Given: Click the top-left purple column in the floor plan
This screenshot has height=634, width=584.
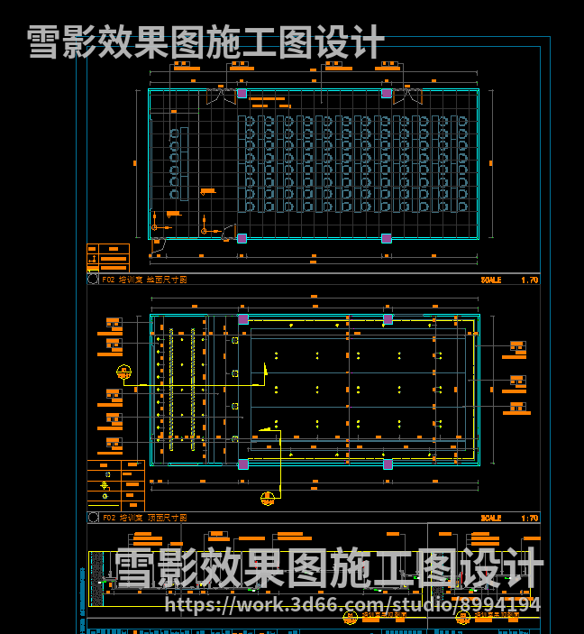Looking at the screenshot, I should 242,93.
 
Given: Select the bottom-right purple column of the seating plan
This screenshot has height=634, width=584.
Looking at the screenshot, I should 387,238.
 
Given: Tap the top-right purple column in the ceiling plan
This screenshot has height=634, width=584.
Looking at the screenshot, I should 388,319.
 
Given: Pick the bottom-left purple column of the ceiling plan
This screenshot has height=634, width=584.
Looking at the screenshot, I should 242,464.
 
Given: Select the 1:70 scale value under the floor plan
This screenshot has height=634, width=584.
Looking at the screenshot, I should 529,280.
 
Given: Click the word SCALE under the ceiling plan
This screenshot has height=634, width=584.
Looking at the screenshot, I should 491,518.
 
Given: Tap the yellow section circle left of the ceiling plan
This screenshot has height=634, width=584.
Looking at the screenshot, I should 123,372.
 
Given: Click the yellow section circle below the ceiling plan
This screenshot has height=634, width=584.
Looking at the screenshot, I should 268,498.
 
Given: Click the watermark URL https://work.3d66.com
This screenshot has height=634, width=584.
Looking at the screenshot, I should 352,604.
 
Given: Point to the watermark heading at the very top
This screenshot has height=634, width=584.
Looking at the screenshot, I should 205,41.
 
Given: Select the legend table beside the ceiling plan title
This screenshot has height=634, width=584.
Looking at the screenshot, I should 115,485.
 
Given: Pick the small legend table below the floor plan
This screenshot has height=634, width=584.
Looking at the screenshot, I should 107,258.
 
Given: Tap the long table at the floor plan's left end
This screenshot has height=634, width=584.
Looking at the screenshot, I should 184,163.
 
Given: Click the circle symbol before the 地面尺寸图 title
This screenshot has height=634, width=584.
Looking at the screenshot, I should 93,280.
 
